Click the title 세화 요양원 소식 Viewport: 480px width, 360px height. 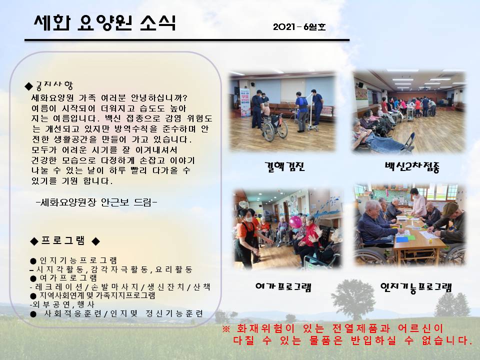coord(104,23)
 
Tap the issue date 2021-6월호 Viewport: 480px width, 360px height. coord(299,27)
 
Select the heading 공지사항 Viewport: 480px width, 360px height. coord(54,85)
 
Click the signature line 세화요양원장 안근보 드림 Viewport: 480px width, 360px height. coord(96,202)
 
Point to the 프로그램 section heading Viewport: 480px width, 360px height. coord(65,240)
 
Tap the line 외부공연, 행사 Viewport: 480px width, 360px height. coord(62,304)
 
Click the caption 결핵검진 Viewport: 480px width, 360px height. coord(284,166)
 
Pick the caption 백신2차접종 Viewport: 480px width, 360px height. coord(412,167)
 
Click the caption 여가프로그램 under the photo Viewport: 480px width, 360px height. coord(283,287)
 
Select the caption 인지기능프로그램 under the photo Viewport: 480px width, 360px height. coord(416,287)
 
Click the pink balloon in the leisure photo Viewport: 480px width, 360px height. coord(295,222)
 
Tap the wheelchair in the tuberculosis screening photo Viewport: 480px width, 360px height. coord(274,127)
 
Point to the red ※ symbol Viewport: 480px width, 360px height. coord(226,329)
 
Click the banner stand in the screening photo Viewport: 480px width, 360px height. coord(245,102)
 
